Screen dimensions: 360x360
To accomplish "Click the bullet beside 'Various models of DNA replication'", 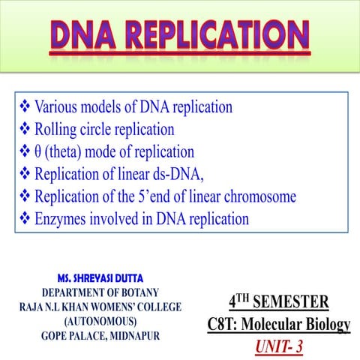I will click(21, 106).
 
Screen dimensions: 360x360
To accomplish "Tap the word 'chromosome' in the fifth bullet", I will click(259, 196).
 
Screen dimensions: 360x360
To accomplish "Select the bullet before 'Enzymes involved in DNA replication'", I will click(21, 219).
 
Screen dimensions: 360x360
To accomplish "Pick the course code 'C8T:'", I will click(226, 325).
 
